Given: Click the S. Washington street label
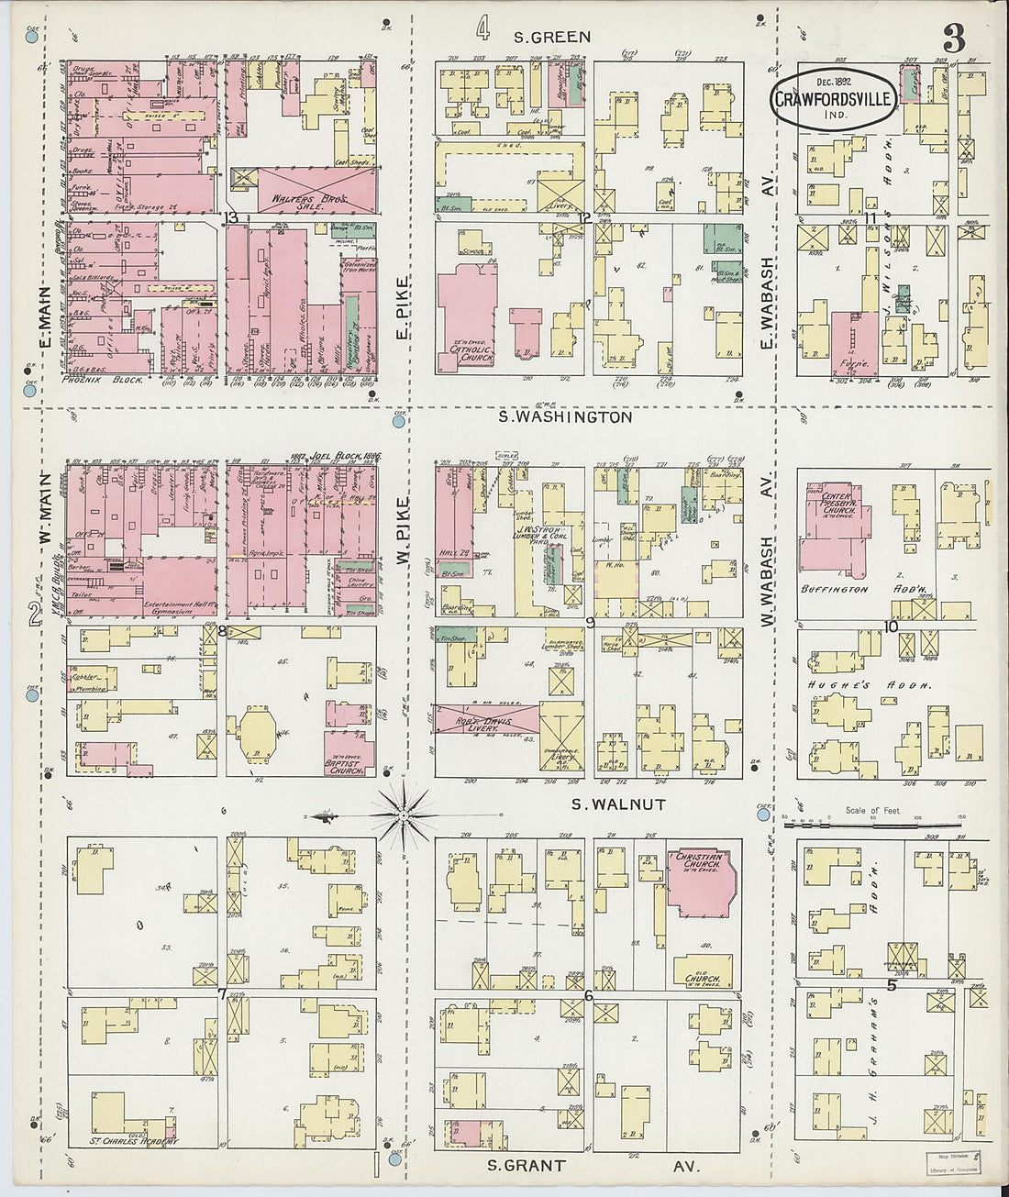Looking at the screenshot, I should [x=565, y=417].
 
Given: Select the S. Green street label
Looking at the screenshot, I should [x=551, y=38].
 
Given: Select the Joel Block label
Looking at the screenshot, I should [x=334, y=457].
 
